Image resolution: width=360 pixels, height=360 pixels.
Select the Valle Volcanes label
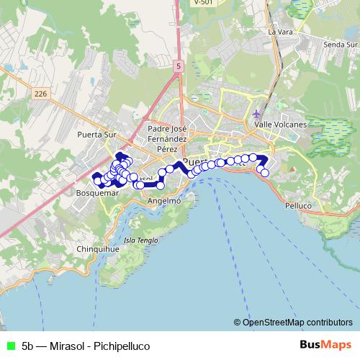coord(281,125)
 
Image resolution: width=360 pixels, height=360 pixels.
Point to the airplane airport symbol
coord(257,114)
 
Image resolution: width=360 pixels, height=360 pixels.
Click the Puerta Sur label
coord(96,134)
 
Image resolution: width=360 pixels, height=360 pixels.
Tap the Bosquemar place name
coord(96,194)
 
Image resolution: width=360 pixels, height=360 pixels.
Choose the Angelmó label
coord(163,202)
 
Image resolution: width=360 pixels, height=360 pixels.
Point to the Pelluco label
coord(298,206)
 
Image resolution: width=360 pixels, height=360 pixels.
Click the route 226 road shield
coord(40,93)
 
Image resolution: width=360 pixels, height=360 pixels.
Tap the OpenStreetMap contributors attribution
coord(292,322)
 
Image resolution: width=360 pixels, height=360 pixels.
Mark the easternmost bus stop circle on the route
coord(265,173)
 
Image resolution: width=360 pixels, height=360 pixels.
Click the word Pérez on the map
coord(167,147)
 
